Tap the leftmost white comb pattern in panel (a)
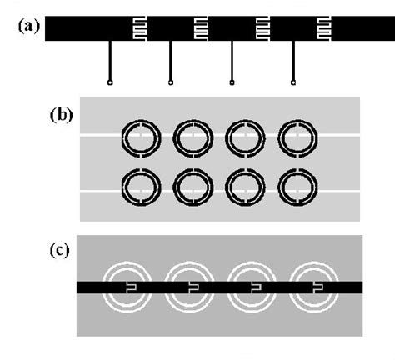pyautogui.click(x=140, y=29)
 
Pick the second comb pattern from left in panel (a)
pyautogui.click(x=201, y=29)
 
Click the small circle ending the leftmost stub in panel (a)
pyautogui.click(x=110, y=82)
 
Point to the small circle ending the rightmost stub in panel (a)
pyautogui.click(x=293, y=82)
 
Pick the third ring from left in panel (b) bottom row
pyautogui.click(x=242, y=189)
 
